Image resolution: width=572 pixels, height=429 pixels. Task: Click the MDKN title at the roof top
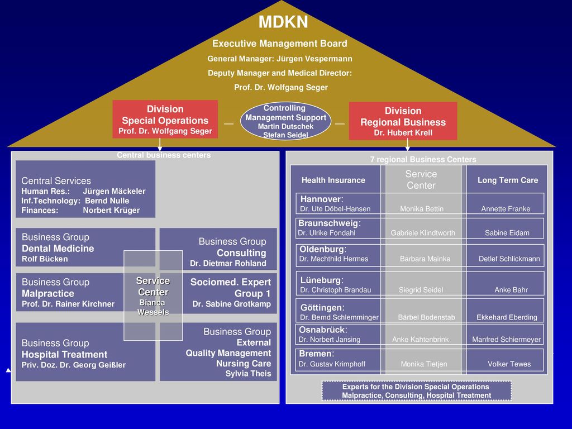pyautogui.click(x=283, y=22)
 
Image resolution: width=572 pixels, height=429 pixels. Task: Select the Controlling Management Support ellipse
pyautogui.click(x=285, y=121)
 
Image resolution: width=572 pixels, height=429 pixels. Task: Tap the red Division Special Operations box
pyautogui.click(x=165, y=120)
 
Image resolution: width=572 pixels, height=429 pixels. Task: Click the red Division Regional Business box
pyautogui.click(x=403, y=121)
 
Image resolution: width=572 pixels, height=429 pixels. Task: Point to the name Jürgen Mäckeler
pyautogui.click(x=114, y=191)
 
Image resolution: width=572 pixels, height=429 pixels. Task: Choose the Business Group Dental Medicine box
pyautogui.click(x=85, y=247)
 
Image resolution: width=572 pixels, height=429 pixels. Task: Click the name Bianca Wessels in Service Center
pyautogui.click(x=153, y=307)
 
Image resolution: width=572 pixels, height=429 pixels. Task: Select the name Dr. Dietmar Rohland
pyautogui.click(x=228, y=264)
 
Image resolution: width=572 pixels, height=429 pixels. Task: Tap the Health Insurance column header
pyautogui.click(x=333, y=180)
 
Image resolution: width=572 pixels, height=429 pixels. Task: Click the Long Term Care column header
pyautogui.click(x=508, y=180)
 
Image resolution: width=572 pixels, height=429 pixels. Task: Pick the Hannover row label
pyautogui.click(x=322, y=199)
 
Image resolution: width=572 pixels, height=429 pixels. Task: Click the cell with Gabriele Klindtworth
pyautogui.click(x=423, y=228)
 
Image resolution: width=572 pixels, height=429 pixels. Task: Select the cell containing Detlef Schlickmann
pyautogui.click(x=506, y=255)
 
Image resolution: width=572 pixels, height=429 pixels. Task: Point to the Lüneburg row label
pyautogui.click(x=322, y=280)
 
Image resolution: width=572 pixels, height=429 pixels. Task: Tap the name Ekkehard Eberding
pyautogui.click(x=507, y=317)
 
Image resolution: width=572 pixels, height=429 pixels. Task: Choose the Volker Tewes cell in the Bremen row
pyautogui.click(x=505, y=360)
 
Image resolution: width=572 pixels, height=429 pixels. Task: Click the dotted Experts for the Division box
pyautogui.click(x=417, y=391)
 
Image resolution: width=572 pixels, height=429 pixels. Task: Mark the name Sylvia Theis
pyautogui.click(x=248, y=374)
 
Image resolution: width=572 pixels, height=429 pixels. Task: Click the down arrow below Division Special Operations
pyautogui.click(x=160, y=145)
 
